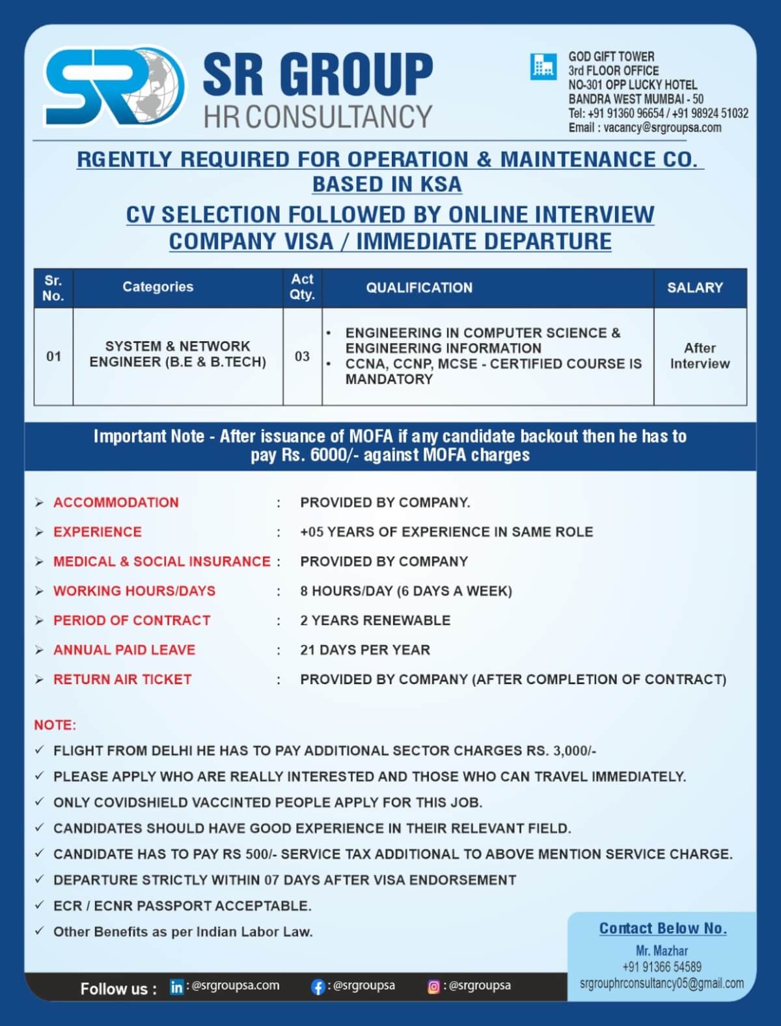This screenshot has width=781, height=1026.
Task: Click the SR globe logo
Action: click(x=115, y=87)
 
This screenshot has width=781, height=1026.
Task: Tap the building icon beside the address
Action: click(x=543, y=66)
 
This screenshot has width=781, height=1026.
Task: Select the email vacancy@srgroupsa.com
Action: click(x=662, y=128)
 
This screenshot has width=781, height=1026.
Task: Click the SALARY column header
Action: click(x=695, y=287)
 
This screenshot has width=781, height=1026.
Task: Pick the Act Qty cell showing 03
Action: click(x=302, y=356)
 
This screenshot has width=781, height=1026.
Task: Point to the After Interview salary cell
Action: click(x=700, y=356)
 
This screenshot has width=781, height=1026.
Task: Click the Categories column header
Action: click(x=158, y=286)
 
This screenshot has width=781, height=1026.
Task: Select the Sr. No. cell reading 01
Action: click(x=53, y=356)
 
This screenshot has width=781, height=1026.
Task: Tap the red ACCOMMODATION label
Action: click(x=116, y=503)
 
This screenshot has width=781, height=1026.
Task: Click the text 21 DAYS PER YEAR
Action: click(x=365, y=650)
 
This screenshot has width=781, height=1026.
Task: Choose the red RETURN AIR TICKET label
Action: click(x=122, y=679)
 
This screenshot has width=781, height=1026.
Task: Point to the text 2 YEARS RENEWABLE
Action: click(x=375, y=620)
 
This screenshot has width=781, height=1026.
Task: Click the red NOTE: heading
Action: click(x=55, y=725)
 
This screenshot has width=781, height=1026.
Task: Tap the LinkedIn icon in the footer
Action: click(x=176, y=987)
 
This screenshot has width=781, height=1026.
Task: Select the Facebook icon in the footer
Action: click(x=318, y=987)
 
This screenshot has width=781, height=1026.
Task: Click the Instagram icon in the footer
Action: click(x=433, y=987)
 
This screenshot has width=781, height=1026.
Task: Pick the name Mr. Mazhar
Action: click(x=662, y=950)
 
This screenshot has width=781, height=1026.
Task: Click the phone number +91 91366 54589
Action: click(x=662, y=967)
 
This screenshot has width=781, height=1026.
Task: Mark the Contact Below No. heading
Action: click(x=663, y=928)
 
